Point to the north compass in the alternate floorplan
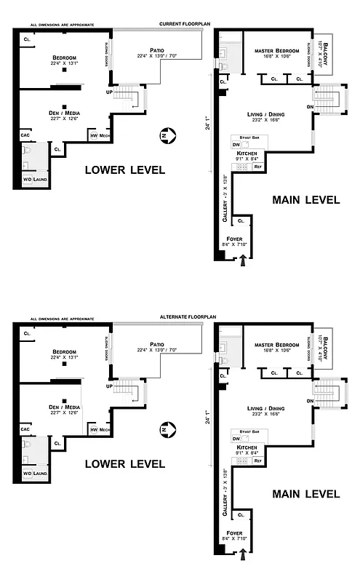pyautogui.click(x=166, y=429)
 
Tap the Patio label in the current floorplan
pyautogui.click(x=156, y=50)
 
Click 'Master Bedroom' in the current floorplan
pyautogui.click(x=277, y=51)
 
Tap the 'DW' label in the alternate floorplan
pyautogui.click(x=236, y=439)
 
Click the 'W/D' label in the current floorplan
pyautogui.click(x=27, y=179)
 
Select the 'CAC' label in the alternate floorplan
pyautogui.click(x=25, y=429)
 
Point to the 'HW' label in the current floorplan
pyautogui.click(x=93, y=136)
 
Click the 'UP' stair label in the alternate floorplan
pyautogui.click(x=110, y=386)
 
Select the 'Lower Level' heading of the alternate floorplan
pyautogui.click(x=124, y=463)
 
